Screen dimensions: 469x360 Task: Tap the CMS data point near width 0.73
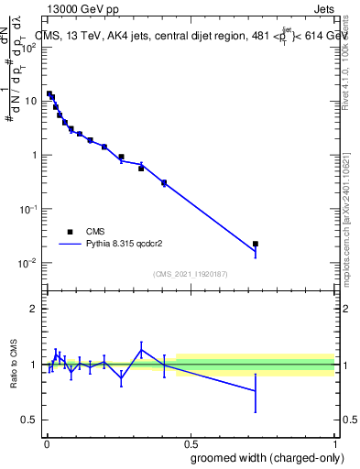256,244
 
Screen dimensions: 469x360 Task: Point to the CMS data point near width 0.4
164,182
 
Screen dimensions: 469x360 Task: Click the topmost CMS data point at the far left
49,93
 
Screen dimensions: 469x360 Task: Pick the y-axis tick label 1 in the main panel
35,155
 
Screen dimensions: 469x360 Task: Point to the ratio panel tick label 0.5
30,420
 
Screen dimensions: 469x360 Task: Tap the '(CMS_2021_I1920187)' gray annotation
191,274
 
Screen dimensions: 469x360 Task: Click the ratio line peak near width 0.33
141,348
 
